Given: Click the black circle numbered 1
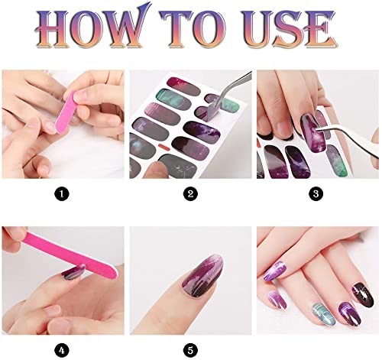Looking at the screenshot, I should pyautogui.click(x=63, y=194).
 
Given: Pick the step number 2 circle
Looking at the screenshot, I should pyautogui.click(x=190, y=194).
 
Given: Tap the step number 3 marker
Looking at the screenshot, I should pyautogui.click(x=317, y=194).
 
